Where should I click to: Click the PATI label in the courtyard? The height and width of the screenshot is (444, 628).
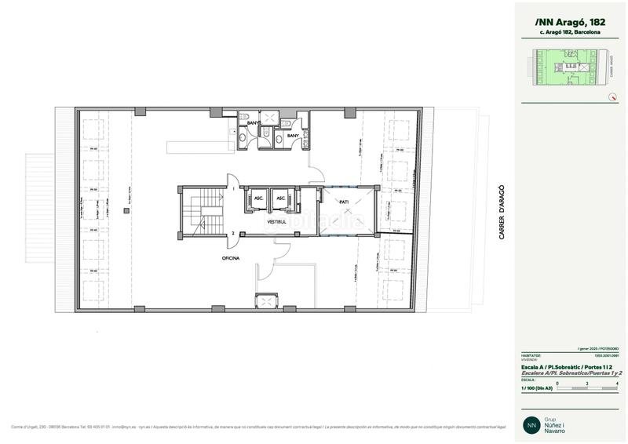click(344, 202)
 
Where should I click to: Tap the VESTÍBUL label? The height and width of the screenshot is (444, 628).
click(276, 222)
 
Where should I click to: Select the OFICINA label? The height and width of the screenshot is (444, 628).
click(230, 257)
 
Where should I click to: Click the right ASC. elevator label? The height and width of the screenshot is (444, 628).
click(280, 198)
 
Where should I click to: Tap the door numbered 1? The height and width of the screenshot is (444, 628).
click(233, 189)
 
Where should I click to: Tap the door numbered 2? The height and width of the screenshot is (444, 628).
click(233, 233)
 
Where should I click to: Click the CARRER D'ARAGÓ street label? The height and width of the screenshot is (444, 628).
click(501, 212)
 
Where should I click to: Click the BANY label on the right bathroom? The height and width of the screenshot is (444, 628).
click(292, 136)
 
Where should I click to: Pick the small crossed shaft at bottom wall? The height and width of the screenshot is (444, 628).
click(267, 300)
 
